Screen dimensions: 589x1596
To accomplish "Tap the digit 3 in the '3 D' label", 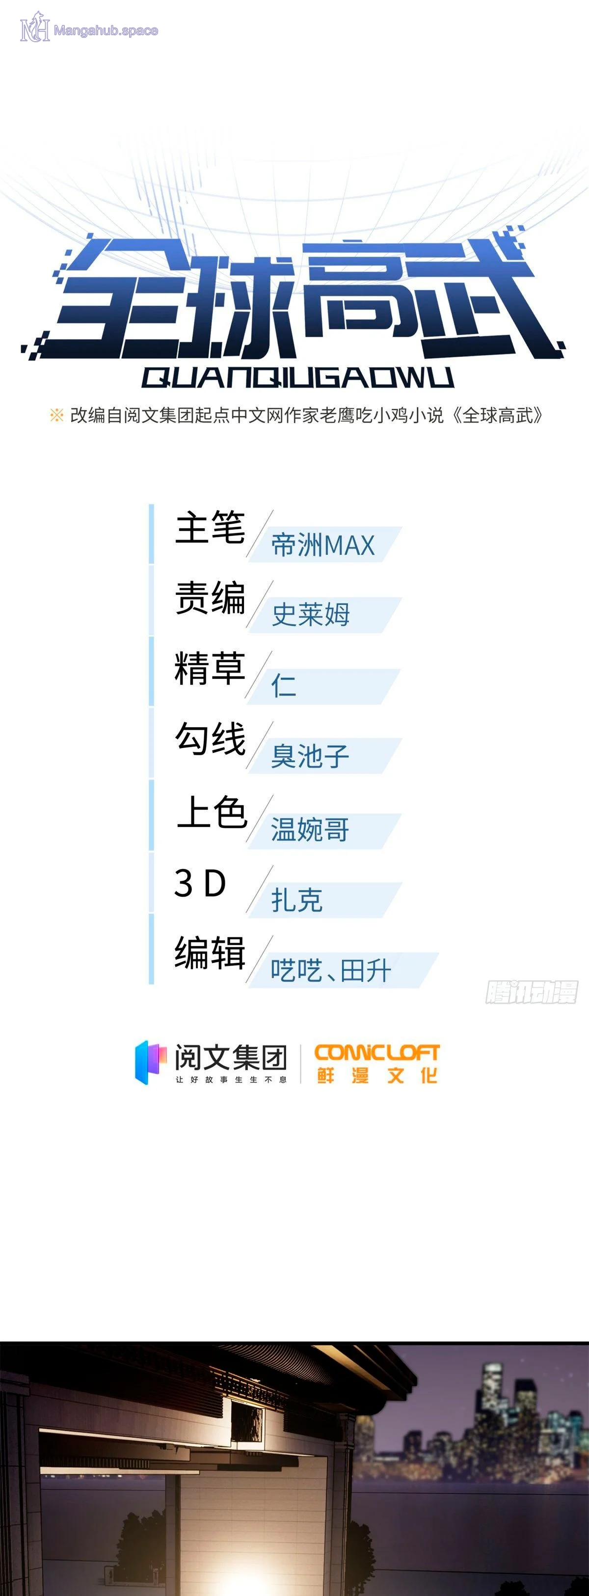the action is [184, 883].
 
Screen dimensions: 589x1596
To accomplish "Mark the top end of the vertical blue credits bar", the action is [151, 505].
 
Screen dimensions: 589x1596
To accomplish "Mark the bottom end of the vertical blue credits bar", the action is [151, 983].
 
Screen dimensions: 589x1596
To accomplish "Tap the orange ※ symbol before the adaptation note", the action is [56, 415].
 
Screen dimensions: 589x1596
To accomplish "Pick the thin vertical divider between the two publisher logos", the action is [300, 1063].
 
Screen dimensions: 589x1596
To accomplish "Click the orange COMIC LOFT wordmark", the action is [376, 1052].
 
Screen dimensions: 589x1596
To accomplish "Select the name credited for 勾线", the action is [310, 756].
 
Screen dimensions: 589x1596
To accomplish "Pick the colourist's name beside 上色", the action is [310, 829].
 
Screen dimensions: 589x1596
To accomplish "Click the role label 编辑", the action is [210, 952].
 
